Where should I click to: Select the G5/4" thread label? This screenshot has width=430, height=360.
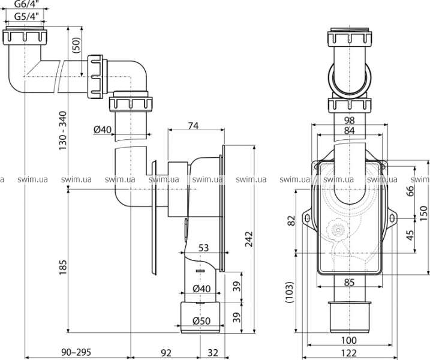coord(25,16)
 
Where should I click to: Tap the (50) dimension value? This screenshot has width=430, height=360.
coord(77,45)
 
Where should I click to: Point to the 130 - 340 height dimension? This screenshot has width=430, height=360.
coord(63,130)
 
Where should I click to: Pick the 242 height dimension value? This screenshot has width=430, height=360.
coord(249,239)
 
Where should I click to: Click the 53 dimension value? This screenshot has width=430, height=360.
coord(203,248)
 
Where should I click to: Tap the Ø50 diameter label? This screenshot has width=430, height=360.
coord(202,321)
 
